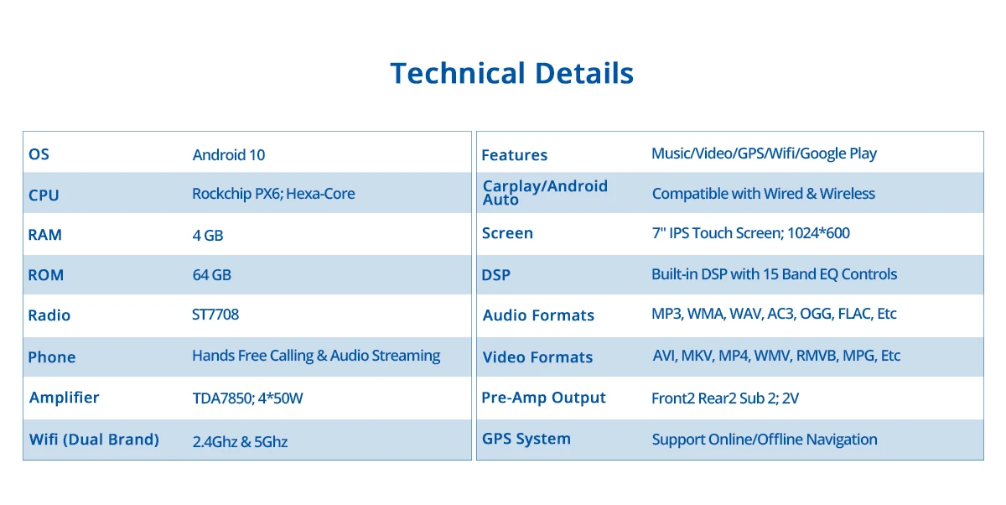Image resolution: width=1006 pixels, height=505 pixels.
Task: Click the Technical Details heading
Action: pyautogui.click(x=511, y=73)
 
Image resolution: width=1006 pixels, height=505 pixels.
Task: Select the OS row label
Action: pyautogui.click(x=39, y=154)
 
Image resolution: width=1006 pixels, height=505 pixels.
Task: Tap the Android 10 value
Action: pyautogui.click(x=229, y=155)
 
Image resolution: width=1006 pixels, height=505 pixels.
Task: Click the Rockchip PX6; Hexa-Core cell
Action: pyautogui.click(x=273, y=194)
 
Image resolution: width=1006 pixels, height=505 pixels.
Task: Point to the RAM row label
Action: pyautogui.click(x=45, y=235)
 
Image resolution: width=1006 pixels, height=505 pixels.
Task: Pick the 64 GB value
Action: pyautogui.click(x=211, y=274)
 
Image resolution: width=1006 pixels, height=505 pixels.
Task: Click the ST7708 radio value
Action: pyautogui.click(x=215, y=314)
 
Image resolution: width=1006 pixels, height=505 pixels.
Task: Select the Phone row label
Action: pyautogui.click(x=52, y=357)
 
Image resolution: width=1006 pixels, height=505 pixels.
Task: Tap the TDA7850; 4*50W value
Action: pyautogui.click(x=247, y=398)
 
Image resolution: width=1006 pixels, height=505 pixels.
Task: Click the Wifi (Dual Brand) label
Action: pyautogui.click(x=94, y=440)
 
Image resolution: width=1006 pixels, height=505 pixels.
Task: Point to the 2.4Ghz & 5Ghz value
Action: pyautogui.click(x=240, y=442)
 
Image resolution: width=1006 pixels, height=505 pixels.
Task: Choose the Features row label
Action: pyautogui.click(x=514, y=155)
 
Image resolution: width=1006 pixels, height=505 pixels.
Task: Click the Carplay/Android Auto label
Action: pyautogui.click(x=545, y=192)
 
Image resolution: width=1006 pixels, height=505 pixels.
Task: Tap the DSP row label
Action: pyautogui.click(x=495, y=274)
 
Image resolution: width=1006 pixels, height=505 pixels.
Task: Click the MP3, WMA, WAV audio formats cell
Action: pyautogui.click(x=774, y=314)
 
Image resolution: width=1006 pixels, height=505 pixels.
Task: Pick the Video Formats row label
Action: pyautogui.click(x=537, y=357)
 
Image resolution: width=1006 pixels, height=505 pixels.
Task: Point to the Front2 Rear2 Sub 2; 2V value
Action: pyautogui.click(x=725, y=398)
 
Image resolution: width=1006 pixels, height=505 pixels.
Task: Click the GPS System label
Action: pyautogui.click(x=526, y=439)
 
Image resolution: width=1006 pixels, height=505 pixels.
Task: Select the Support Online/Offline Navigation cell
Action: pyautogui.click(x=765, y=440)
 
